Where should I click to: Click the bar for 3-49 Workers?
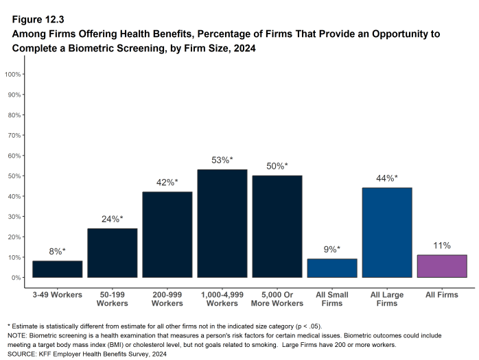tap(57, 269)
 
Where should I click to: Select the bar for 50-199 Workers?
tap(112, 253)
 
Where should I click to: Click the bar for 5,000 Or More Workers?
tap(277, 226)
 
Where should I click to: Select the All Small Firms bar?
tap(332, 268)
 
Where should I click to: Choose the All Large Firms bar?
tap(387, 232)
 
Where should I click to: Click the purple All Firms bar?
tap(442, 266)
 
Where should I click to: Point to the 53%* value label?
tap(222, 160)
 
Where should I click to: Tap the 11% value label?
tap(442, 245)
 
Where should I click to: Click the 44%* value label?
tap(387, 178)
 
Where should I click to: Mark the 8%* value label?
tap(57, 251)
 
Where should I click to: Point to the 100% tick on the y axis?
tap(13, 74)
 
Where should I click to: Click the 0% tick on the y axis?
tap(15, 278)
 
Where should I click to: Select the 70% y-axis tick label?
tap(14, 135)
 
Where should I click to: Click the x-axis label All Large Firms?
tap(387, 298)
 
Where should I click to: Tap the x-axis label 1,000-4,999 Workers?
tap(222, 298)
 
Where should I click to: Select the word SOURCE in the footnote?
tap(21, 354)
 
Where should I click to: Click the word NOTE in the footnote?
tap(17, 335)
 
